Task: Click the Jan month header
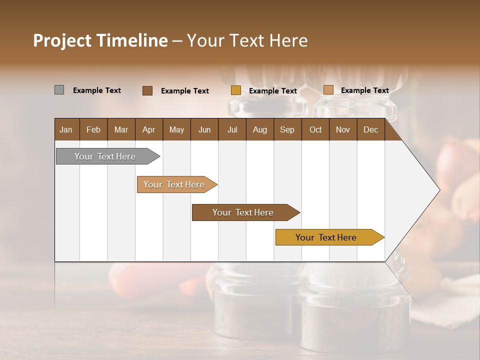click(66, 129)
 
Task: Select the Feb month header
click(93, 129)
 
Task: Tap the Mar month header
click(121, 129)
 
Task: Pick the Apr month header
click(149, 129)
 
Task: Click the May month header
click(176, 129)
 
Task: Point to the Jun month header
click(204, 129)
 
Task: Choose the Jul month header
click(232, 129)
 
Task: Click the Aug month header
click(260, 129)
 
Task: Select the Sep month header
click(287, 129)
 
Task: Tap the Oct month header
click(315, 129)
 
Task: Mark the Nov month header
click(343, 129)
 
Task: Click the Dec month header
click(371, 129)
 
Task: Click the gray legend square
click(59, 90)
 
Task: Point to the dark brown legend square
click(147, 90)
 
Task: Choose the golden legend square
click(236, 90)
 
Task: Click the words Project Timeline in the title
click(100, 40)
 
